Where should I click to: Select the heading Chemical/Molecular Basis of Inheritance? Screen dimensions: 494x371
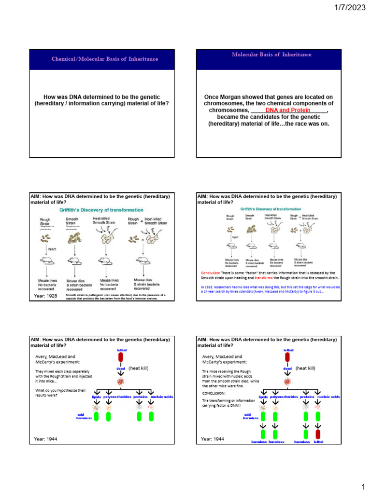(105, 59)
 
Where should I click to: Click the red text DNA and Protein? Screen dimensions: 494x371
(288, 110)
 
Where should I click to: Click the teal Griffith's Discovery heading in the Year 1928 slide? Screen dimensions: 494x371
(101, 210)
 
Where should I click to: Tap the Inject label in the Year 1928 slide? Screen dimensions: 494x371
(51, 249)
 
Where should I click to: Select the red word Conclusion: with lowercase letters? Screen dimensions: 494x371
(210, 273)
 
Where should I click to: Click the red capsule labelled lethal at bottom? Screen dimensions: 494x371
(318, 434)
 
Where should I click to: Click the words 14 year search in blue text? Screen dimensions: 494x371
(215, 292)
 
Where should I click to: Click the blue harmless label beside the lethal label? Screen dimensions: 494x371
(301, 441)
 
